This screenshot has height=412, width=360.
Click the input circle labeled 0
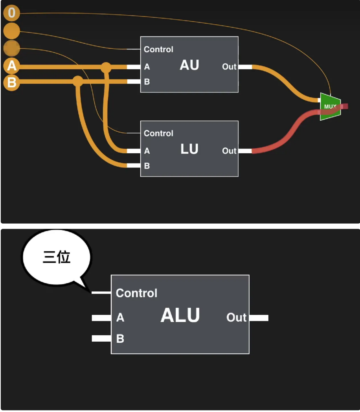point(11,13)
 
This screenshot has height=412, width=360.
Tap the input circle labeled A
point(11,66)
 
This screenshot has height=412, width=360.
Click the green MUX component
point(330,107)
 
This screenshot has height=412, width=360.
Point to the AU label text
point(189,65)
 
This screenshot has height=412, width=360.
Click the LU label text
point(189,149)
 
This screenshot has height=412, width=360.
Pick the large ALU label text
point(180,315)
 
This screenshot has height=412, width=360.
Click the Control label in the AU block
point(158,50)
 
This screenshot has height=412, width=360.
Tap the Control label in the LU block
point(158,134)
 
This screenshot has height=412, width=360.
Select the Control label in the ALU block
point(136,293)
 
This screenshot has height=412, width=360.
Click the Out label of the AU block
point(229,67)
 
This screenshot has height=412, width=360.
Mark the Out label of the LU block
point(229,151)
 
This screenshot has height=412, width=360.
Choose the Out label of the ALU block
point(236,318)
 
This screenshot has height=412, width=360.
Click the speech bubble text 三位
point(57,258)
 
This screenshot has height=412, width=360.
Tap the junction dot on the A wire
point(106,67)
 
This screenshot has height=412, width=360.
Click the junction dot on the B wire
point(78,81)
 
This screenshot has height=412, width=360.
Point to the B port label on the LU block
point(147,166)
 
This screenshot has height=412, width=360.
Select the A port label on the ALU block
point(120,318)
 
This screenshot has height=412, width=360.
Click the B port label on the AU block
point(147,82)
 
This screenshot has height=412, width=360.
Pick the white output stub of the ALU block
point(259,318)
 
